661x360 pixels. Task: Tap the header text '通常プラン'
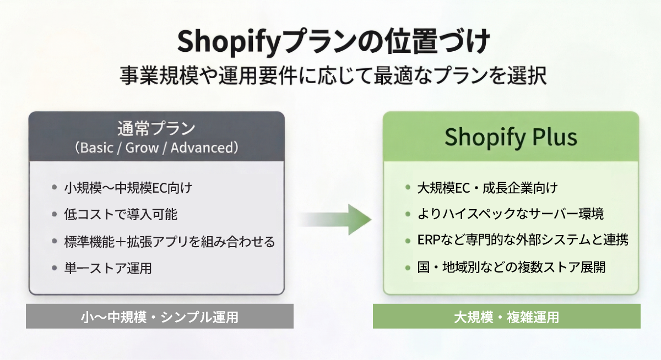tap(156, 129)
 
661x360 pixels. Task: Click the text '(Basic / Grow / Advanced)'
tap(156, 148)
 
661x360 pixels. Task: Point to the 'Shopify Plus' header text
tap(511, 137)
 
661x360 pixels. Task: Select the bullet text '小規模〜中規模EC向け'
tap(128, 188)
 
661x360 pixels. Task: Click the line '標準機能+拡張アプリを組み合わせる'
tap(170, 242)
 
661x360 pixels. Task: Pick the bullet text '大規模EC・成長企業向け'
tap(488, 188)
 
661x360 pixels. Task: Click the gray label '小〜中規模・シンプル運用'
tap(159, 317)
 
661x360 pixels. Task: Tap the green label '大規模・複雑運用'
tap(506, 317)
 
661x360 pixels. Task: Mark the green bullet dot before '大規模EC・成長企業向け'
tap(407, 188)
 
